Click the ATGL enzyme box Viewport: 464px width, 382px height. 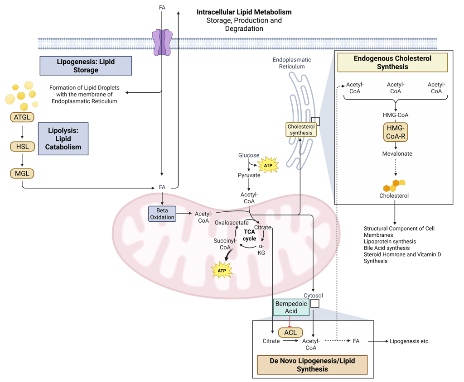22,117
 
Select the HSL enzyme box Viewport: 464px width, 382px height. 22,146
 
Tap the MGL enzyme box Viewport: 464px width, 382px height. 22,173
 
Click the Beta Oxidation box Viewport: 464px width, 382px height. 162,214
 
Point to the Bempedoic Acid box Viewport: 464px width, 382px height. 291,307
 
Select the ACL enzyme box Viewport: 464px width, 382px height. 290,332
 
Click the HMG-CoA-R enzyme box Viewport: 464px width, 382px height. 396,132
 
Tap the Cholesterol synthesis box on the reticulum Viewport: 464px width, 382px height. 301,130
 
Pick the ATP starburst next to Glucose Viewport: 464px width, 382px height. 268,166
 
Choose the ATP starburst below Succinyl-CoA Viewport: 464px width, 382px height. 222,271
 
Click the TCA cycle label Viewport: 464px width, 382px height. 249,235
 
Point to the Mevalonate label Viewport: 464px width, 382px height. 397,153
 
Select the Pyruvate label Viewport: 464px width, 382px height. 249,175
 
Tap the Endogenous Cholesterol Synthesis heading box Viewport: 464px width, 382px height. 392,62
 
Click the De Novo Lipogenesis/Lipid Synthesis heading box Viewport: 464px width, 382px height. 312,365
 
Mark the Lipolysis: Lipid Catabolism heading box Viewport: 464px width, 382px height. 63,138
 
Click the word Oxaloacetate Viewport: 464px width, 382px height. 232,223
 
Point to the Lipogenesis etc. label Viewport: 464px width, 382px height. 410,341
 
